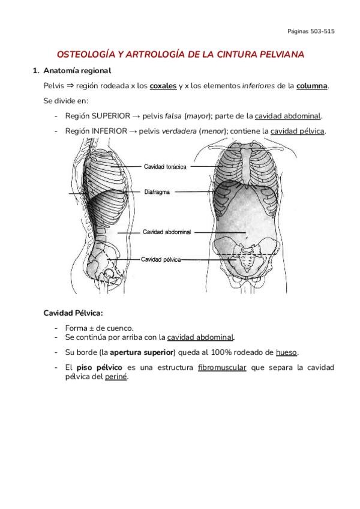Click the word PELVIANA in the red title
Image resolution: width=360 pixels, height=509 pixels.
[275, 54]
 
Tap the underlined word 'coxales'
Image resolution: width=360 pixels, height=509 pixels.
[163, 86]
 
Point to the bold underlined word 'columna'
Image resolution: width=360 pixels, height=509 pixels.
[312, 86]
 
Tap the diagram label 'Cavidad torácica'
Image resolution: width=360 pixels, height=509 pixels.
[165, 166]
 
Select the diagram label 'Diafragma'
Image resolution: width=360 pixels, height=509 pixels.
[158, 193]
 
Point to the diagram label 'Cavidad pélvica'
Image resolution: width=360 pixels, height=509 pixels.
[160, 259]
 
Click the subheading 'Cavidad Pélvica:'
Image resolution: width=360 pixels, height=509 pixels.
[73, 313]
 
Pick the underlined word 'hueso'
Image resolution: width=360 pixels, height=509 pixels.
[286, 352]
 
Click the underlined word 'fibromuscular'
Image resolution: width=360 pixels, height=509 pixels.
[221, 367]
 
